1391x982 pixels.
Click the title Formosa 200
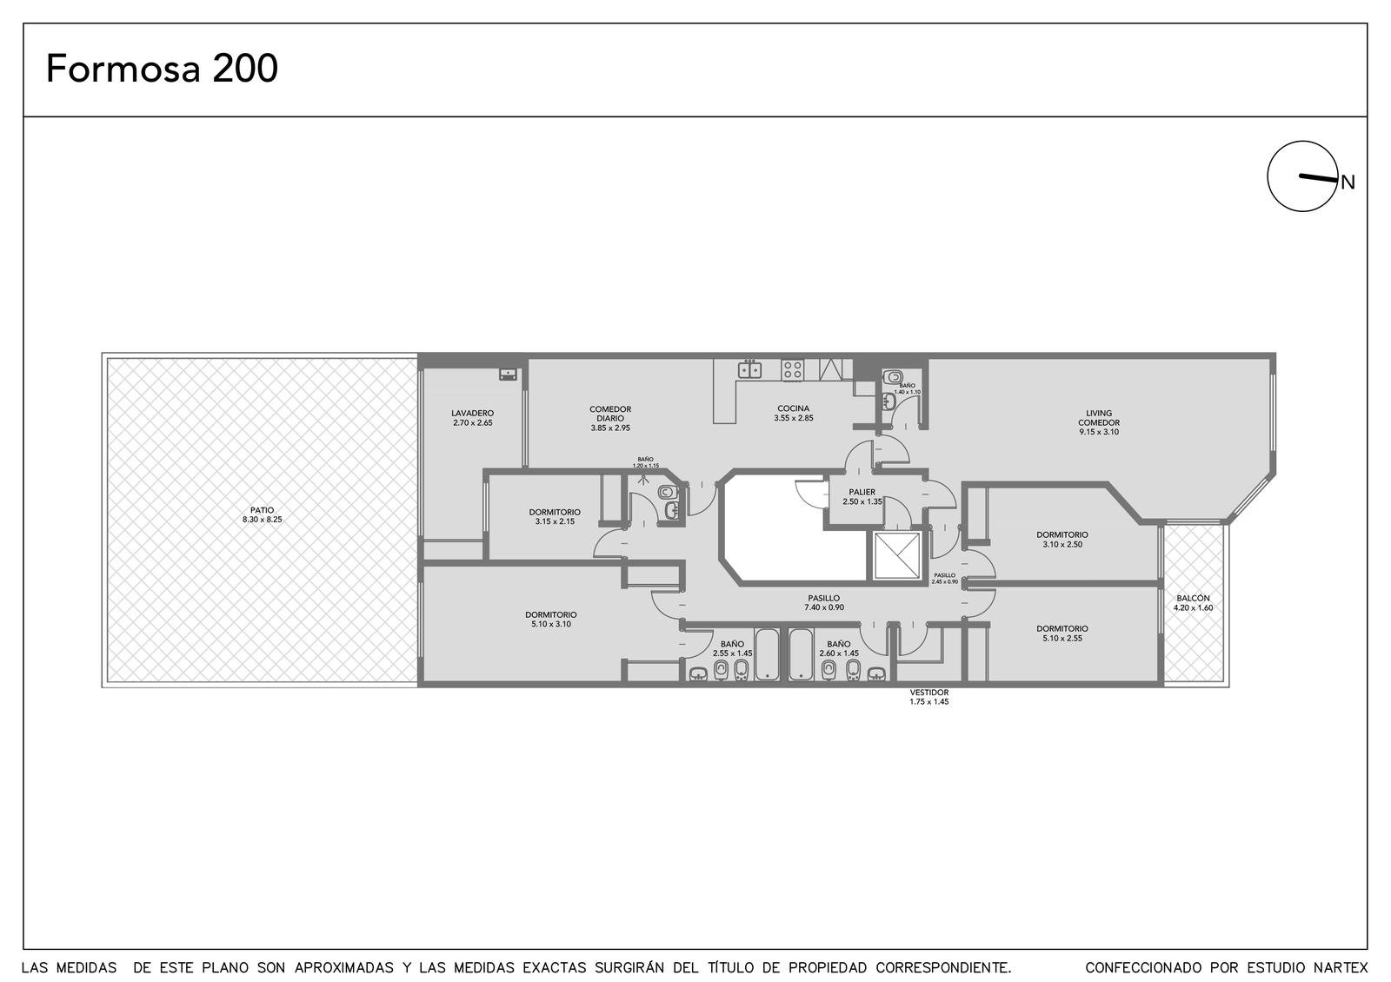(162, 69)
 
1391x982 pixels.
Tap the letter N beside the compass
(1348, 182)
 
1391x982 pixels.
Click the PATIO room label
(262, 510)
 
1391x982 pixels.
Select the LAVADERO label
(473, 413)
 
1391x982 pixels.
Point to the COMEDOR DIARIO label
(610, 414)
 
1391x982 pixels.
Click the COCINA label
(794, 408)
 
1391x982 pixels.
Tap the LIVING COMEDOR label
(1099, 418)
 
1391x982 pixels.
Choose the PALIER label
(862, 492)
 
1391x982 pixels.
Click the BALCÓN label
(1193, 599)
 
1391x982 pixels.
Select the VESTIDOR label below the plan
(929, 692)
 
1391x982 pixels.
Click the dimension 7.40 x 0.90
(824, 607)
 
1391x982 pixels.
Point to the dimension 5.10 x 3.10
(551, 624)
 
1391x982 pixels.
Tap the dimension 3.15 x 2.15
(555, 521)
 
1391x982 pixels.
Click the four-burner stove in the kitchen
(792, 370)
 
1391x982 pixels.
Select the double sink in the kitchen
(749, 370)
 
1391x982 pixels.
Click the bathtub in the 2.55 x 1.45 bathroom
(767, 655)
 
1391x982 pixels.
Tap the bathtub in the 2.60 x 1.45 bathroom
(801, 655)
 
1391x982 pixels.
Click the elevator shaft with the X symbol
(896, 555)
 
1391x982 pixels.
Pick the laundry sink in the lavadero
(508, 375)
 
